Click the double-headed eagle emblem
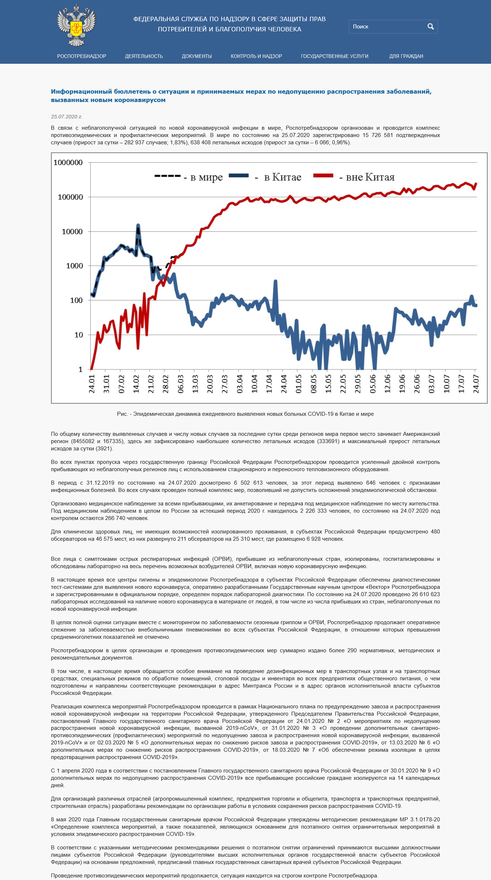tap(76, 26)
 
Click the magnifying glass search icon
tap(431, 27)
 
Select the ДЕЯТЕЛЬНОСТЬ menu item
tap(144, 56)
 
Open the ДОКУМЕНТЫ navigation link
tap(197, 56)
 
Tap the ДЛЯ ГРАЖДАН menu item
tap(406, 56)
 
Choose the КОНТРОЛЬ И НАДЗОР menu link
tap(256, 56)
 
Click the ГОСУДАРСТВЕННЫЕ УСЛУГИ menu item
tap(334, 56)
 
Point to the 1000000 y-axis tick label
tap(68, 163)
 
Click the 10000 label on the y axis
tap(72, 231)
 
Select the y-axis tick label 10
tap(79, 335)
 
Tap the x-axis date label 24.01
tap(92, 384)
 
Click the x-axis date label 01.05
tap(298, 384)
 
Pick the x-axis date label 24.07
tap(476, 384)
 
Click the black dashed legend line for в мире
tap(167, 176)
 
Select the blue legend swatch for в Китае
tap(239, 176)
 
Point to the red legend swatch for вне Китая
tap(323, 176)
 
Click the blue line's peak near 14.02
tap(138, 225)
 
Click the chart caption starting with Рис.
tap(245, 414)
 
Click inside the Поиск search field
tap(388, 27)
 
